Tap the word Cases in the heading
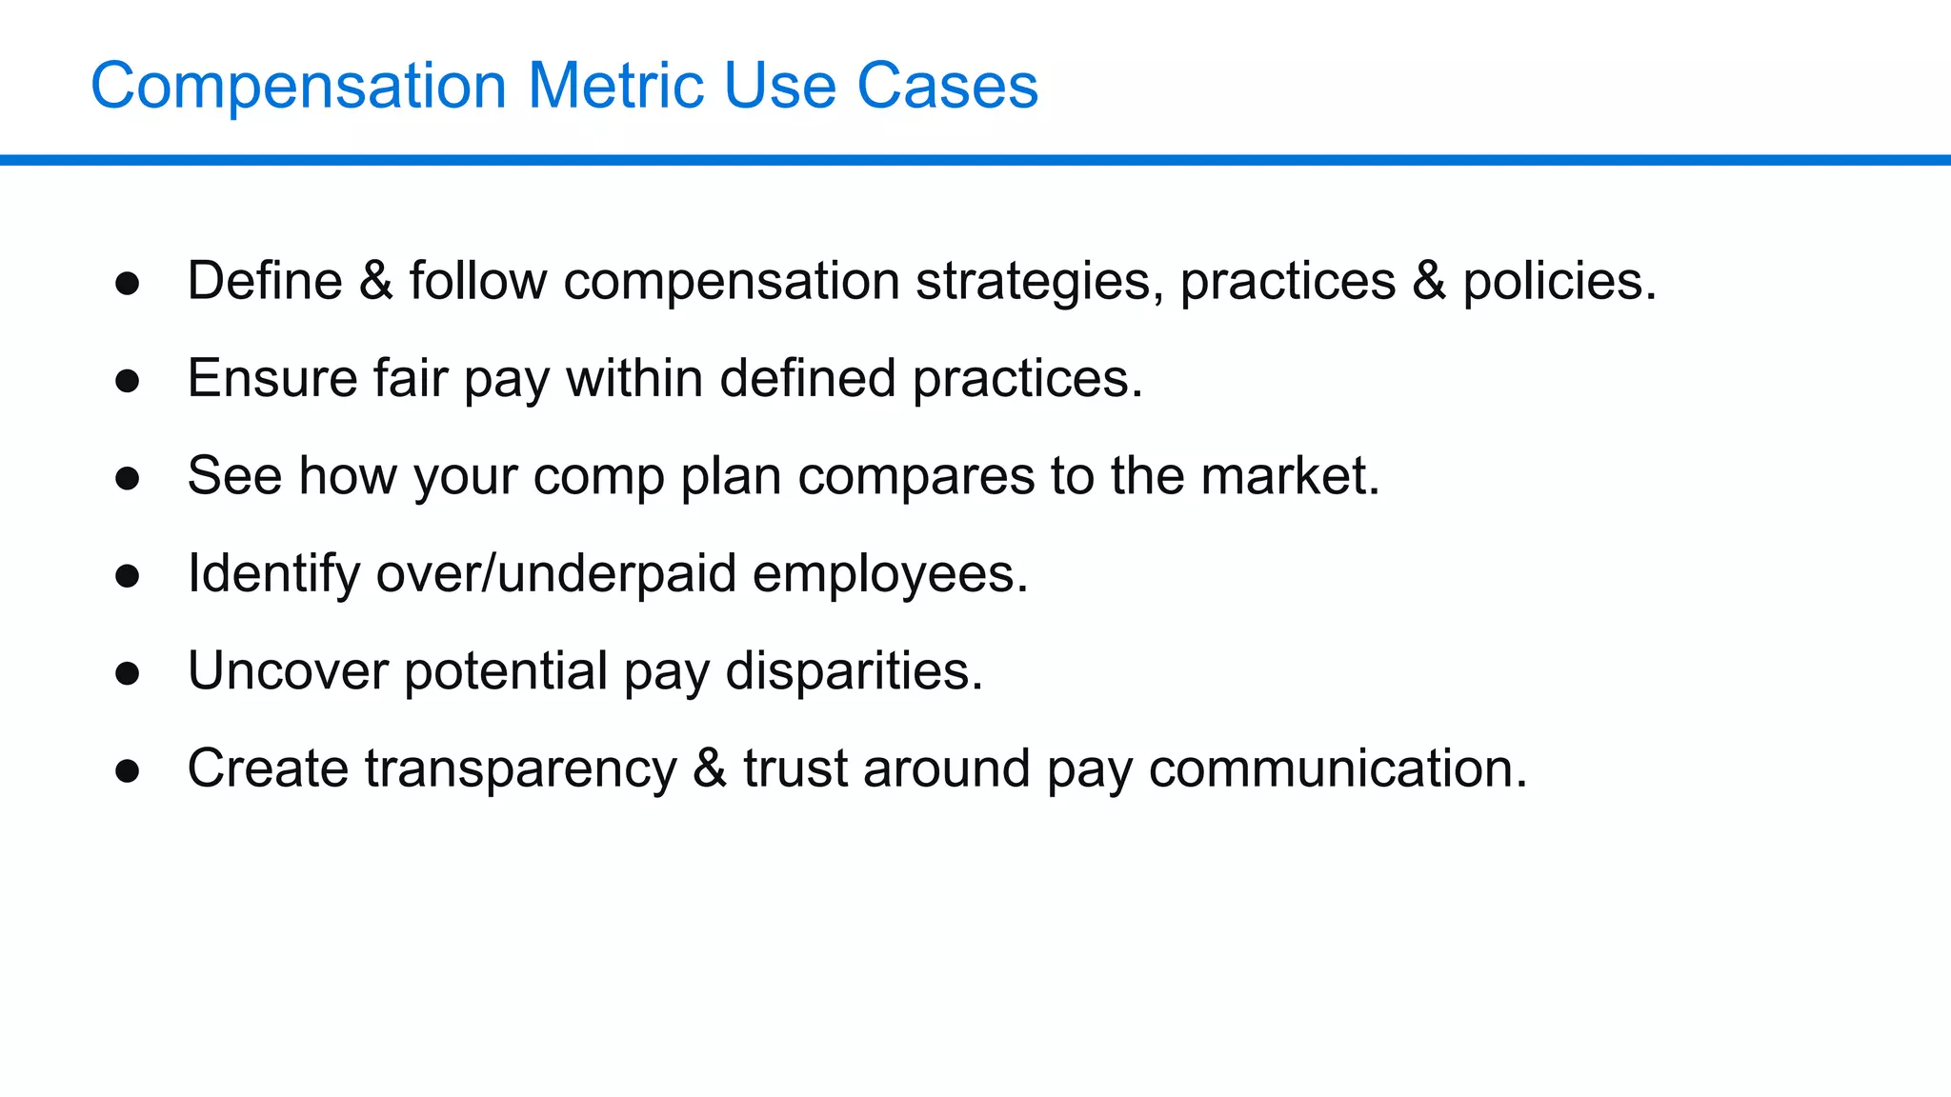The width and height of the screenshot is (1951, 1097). click(947, 86)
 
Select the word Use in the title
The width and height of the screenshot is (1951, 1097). click(780, 86)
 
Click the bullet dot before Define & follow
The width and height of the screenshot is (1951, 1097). click(128, 283)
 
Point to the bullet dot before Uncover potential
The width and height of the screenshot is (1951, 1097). click(128, 673)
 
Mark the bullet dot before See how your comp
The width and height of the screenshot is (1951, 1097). click(128, 478)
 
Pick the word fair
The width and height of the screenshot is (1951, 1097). click(410, 378)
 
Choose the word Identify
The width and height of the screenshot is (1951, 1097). click(273, 574)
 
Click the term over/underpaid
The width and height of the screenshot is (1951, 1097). click(556, 574)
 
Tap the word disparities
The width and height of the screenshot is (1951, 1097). click(854, 671)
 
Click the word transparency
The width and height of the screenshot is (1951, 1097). click(520, 769)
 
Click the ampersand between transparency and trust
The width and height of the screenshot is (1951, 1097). click(710, 768)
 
